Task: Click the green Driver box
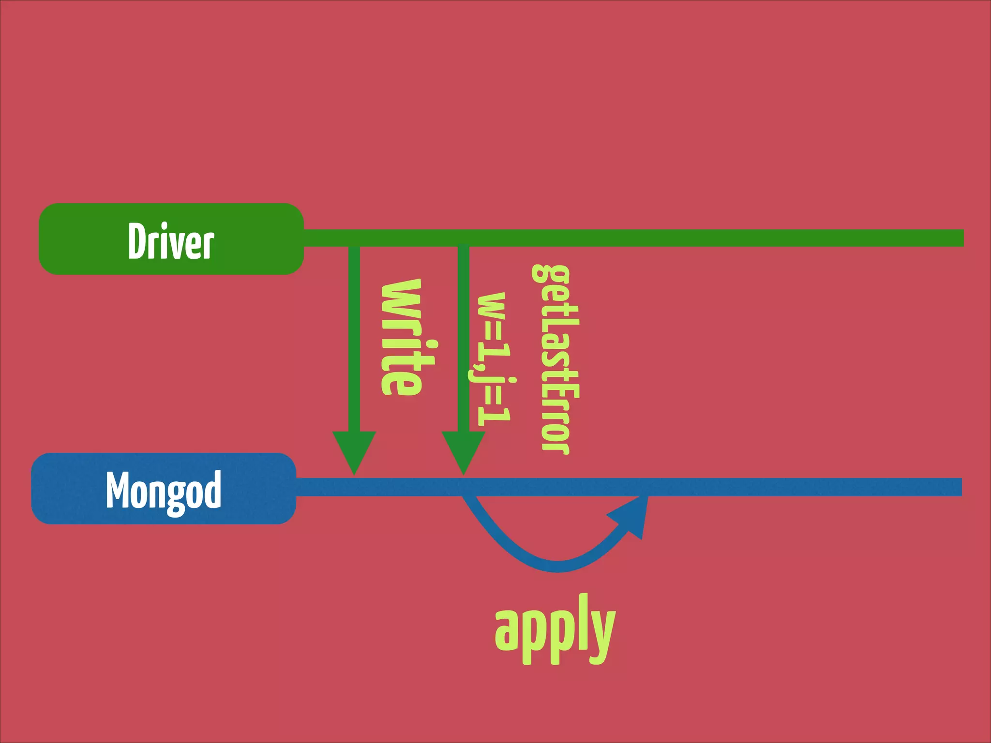[171, 239]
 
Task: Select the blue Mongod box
[164, 489]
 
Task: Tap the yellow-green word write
[401, 337]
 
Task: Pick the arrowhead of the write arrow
[354, 450]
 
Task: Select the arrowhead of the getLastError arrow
[464, 450]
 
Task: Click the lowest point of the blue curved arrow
[557, 566]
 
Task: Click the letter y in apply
[601, 634]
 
